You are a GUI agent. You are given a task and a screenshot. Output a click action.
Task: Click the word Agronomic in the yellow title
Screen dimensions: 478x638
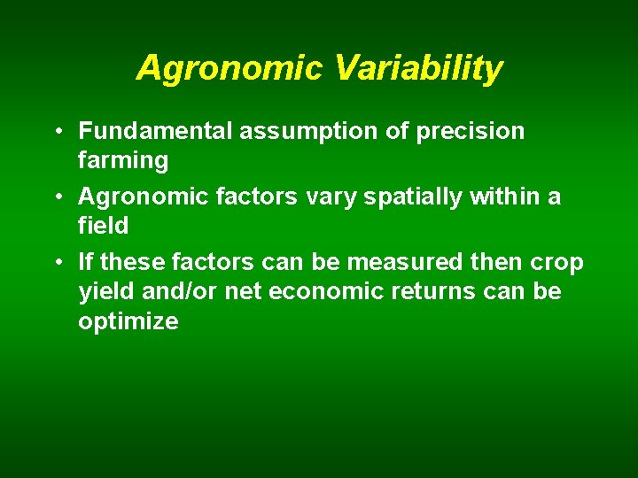(225, 68)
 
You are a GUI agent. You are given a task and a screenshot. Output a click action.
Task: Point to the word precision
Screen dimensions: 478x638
(470, 132)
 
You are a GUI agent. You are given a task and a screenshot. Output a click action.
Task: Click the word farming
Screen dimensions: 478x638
(123, 161)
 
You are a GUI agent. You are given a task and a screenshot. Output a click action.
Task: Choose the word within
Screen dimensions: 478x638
(504, 197)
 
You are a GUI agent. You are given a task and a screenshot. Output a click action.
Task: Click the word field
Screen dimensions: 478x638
(103, 226)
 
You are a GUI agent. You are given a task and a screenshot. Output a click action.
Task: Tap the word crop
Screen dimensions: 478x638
(559, 263)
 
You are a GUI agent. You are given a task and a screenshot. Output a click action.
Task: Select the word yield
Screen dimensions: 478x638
(102, 292)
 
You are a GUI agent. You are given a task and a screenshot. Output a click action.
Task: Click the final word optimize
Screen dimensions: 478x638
(128, 321)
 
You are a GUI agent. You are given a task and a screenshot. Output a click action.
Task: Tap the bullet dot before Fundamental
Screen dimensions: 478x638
(56, 132)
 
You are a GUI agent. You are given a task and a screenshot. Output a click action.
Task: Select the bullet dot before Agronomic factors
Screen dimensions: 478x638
(56, 197)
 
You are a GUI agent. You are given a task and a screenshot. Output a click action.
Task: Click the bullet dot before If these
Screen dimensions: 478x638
(56, 263)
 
